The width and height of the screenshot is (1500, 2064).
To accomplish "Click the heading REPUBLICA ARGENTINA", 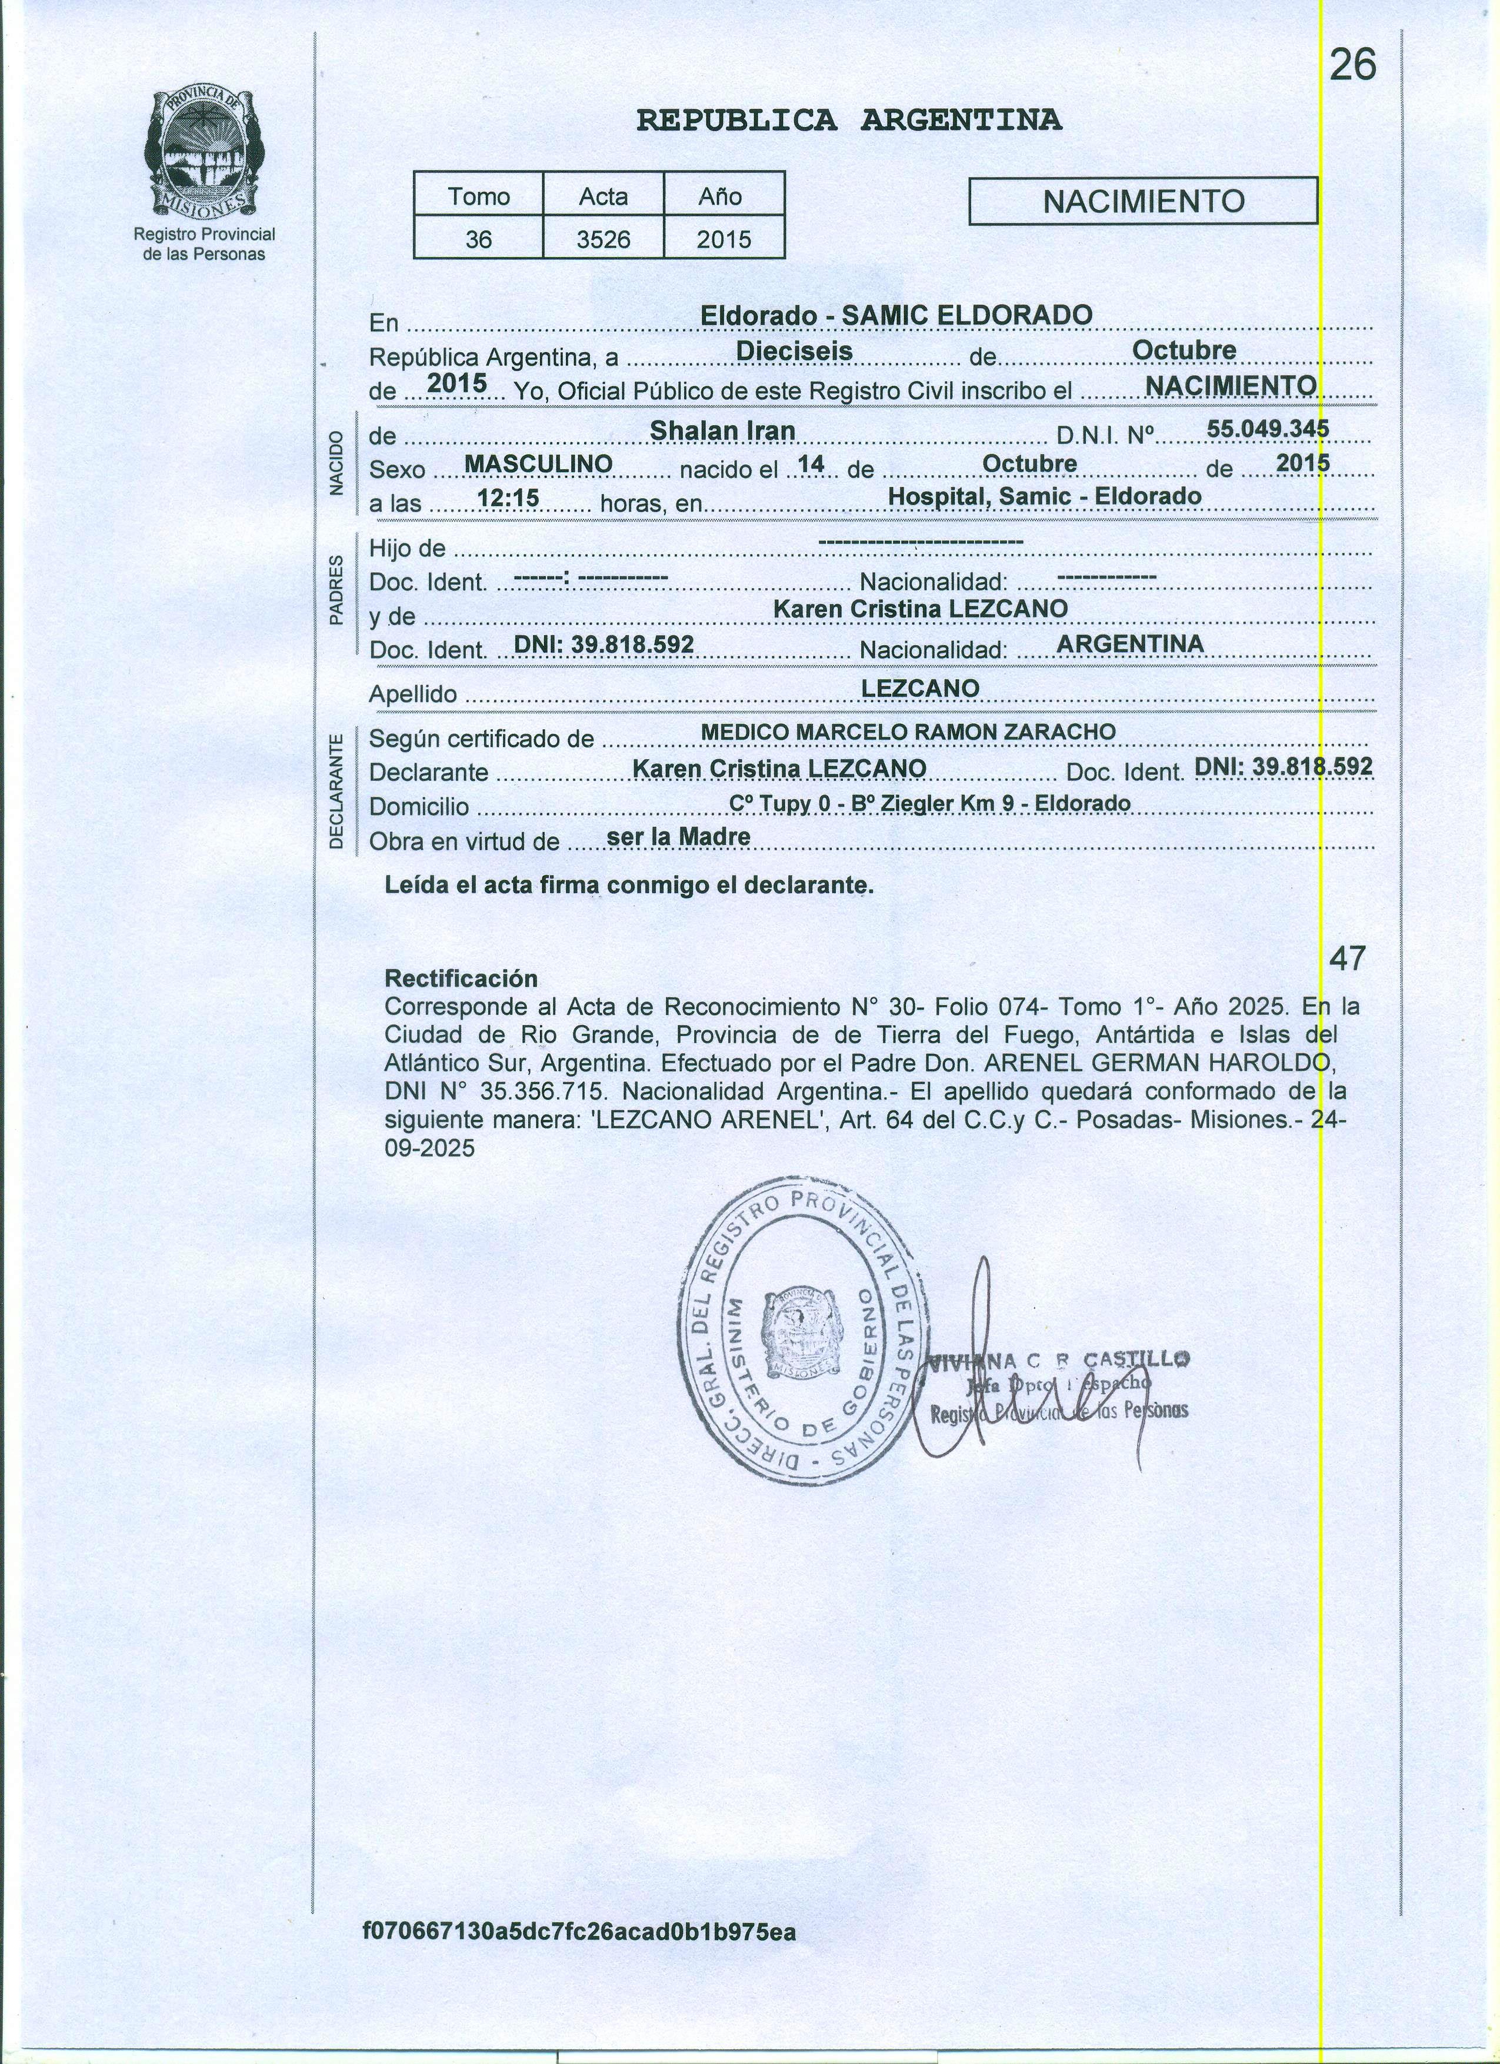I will pyautogui.click(x=848, y=120).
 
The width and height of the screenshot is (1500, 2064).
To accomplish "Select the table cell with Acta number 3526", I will pyautogui.click(x=604, y=239).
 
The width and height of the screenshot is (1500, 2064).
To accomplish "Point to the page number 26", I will pyautogui.click(x=1352, y=65).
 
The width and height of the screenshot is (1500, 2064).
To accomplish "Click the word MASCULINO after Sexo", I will pyautogui.click(x=538, y=464).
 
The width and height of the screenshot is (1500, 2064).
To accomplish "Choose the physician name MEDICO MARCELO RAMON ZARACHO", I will pyautogui.click(x=908, y=732).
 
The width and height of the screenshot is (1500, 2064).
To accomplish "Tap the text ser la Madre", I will pyautogui.click(x=678, y=836).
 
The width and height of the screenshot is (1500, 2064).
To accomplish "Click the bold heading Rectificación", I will pyautogui.click(x=461, y=979).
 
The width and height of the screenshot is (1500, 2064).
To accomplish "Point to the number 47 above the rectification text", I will pyautogui.click(x=1347, y=957).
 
